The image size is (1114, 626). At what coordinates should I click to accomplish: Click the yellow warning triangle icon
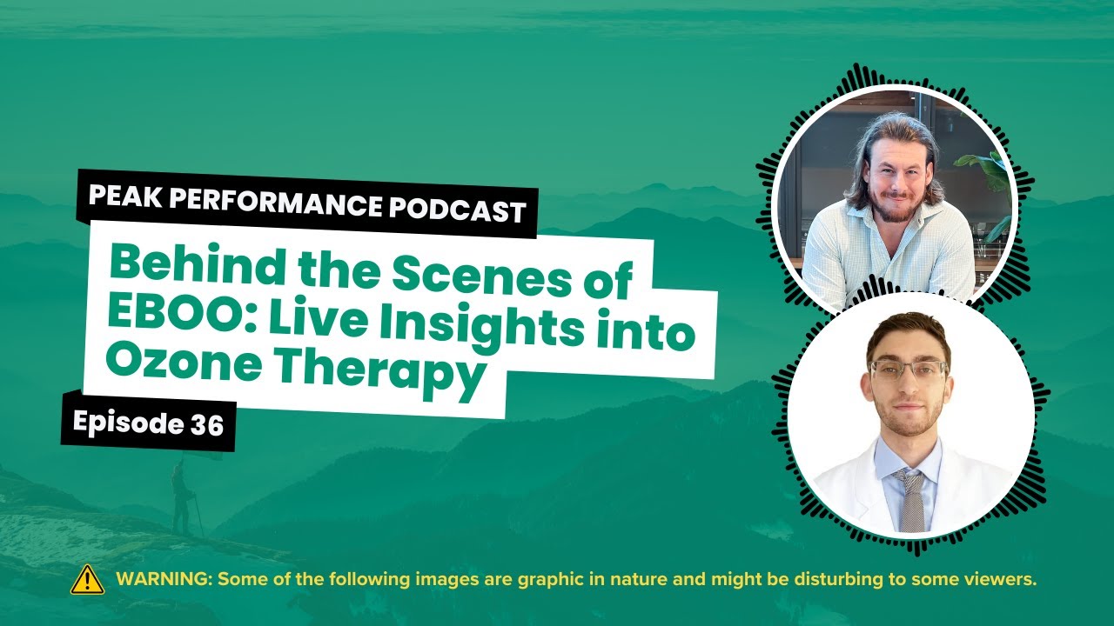(x=87, y=580)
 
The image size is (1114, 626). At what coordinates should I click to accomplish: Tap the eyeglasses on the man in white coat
(x=909, y=369)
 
